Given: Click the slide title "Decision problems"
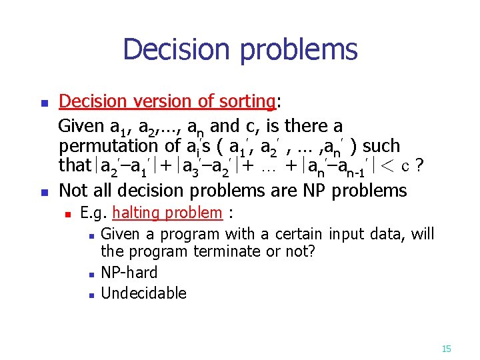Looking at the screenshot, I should coord(240,50).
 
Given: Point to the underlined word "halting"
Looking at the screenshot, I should coord(137,213).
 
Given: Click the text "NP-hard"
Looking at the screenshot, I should coord(129,272).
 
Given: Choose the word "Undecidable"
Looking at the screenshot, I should coord(143,293).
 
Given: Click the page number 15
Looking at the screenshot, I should coord(446,348).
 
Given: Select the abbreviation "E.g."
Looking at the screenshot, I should coord(94,213).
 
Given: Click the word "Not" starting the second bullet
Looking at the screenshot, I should coord(73,191).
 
